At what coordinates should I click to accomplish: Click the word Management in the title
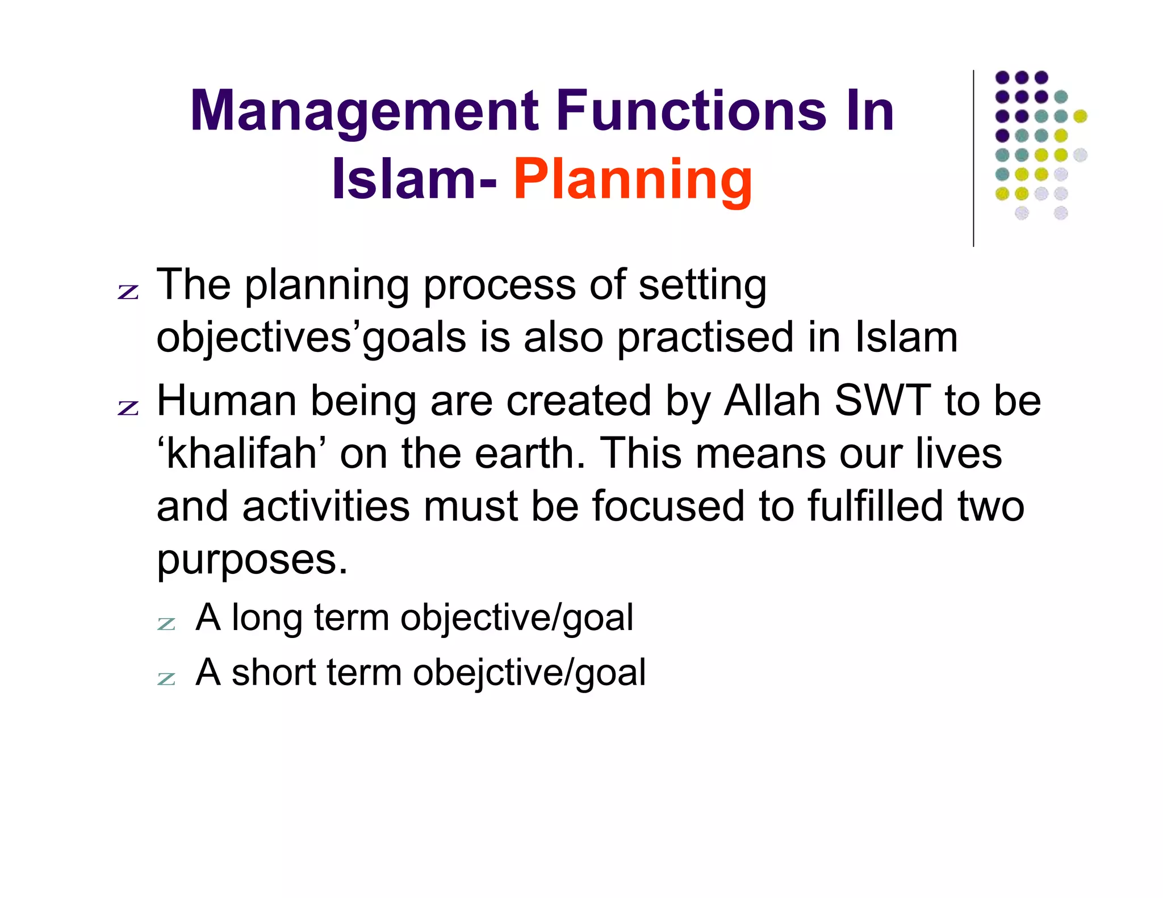364,112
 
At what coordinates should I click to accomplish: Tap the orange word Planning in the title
633,181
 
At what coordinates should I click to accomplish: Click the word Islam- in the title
415,181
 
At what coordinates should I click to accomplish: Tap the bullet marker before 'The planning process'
128,292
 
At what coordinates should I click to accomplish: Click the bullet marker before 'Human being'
128,408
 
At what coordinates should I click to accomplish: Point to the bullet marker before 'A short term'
166,678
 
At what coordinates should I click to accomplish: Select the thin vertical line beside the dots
973,159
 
